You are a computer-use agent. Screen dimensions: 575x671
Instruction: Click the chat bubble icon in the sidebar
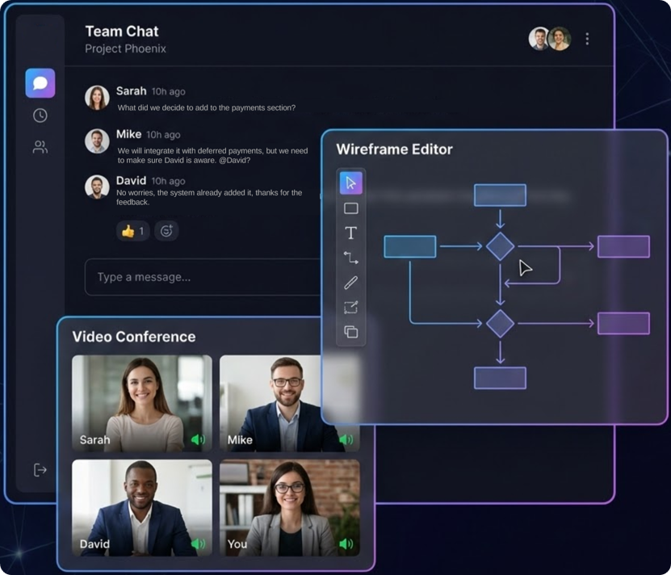[40, 83]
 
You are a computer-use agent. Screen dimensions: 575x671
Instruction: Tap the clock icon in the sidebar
[40, 115]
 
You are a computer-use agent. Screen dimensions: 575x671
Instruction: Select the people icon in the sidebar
[40, 147]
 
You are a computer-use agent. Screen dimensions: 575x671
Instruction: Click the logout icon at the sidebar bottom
[40, 470]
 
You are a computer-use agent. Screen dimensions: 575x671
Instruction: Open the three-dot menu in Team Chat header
[587, 39]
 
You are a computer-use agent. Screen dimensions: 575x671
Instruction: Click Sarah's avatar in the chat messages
[97, 98]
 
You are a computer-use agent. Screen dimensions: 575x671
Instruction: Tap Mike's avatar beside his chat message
[97, 141]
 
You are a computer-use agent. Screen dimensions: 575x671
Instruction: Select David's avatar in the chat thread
[97, 187]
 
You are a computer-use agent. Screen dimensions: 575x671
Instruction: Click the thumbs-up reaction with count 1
[132, 231]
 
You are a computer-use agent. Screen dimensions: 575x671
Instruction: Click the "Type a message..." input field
[202, 277]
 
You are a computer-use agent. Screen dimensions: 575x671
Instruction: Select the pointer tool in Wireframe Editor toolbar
[350, 183]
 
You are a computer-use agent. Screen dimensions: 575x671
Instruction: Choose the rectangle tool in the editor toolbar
[350, 208]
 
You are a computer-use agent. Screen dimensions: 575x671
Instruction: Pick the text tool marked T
[350, 233]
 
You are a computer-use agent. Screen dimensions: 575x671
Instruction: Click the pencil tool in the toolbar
[350, 283]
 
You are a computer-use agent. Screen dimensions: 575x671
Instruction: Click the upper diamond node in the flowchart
[500, 246]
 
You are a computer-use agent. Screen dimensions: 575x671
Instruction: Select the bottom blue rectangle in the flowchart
[500, 378]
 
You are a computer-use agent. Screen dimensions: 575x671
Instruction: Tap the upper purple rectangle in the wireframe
[623, 246]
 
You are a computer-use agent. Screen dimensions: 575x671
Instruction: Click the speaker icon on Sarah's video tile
[197, 440]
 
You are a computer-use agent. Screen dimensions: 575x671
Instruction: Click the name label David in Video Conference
[94, 544]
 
